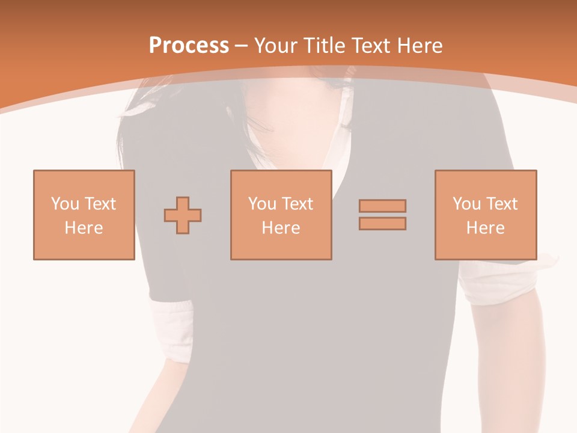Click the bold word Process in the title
tap(189, 45)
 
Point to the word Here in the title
tap(420, 45)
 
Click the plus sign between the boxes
tap(183, 215)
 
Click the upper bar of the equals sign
tap(382, 206)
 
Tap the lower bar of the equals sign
tap(382, 223)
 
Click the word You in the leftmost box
tap(65, 204)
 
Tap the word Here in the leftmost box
tap(84, 228)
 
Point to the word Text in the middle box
tap(297, 204)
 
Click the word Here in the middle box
tap(281, 228)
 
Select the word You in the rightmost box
tap(466, 204)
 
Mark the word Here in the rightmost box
tap(486, 228)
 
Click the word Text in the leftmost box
tap(100, 204)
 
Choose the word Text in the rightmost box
tap(501, 204)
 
